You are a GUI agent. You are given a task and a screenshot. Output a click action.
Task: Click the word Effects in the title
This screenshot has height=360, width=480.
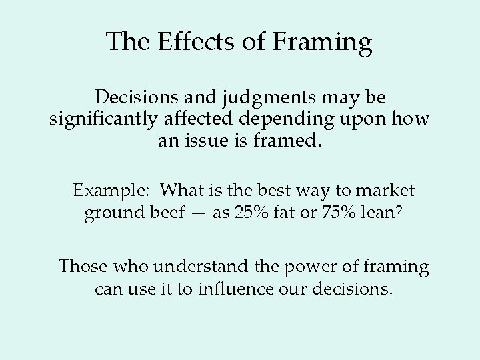click(186, 43)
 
